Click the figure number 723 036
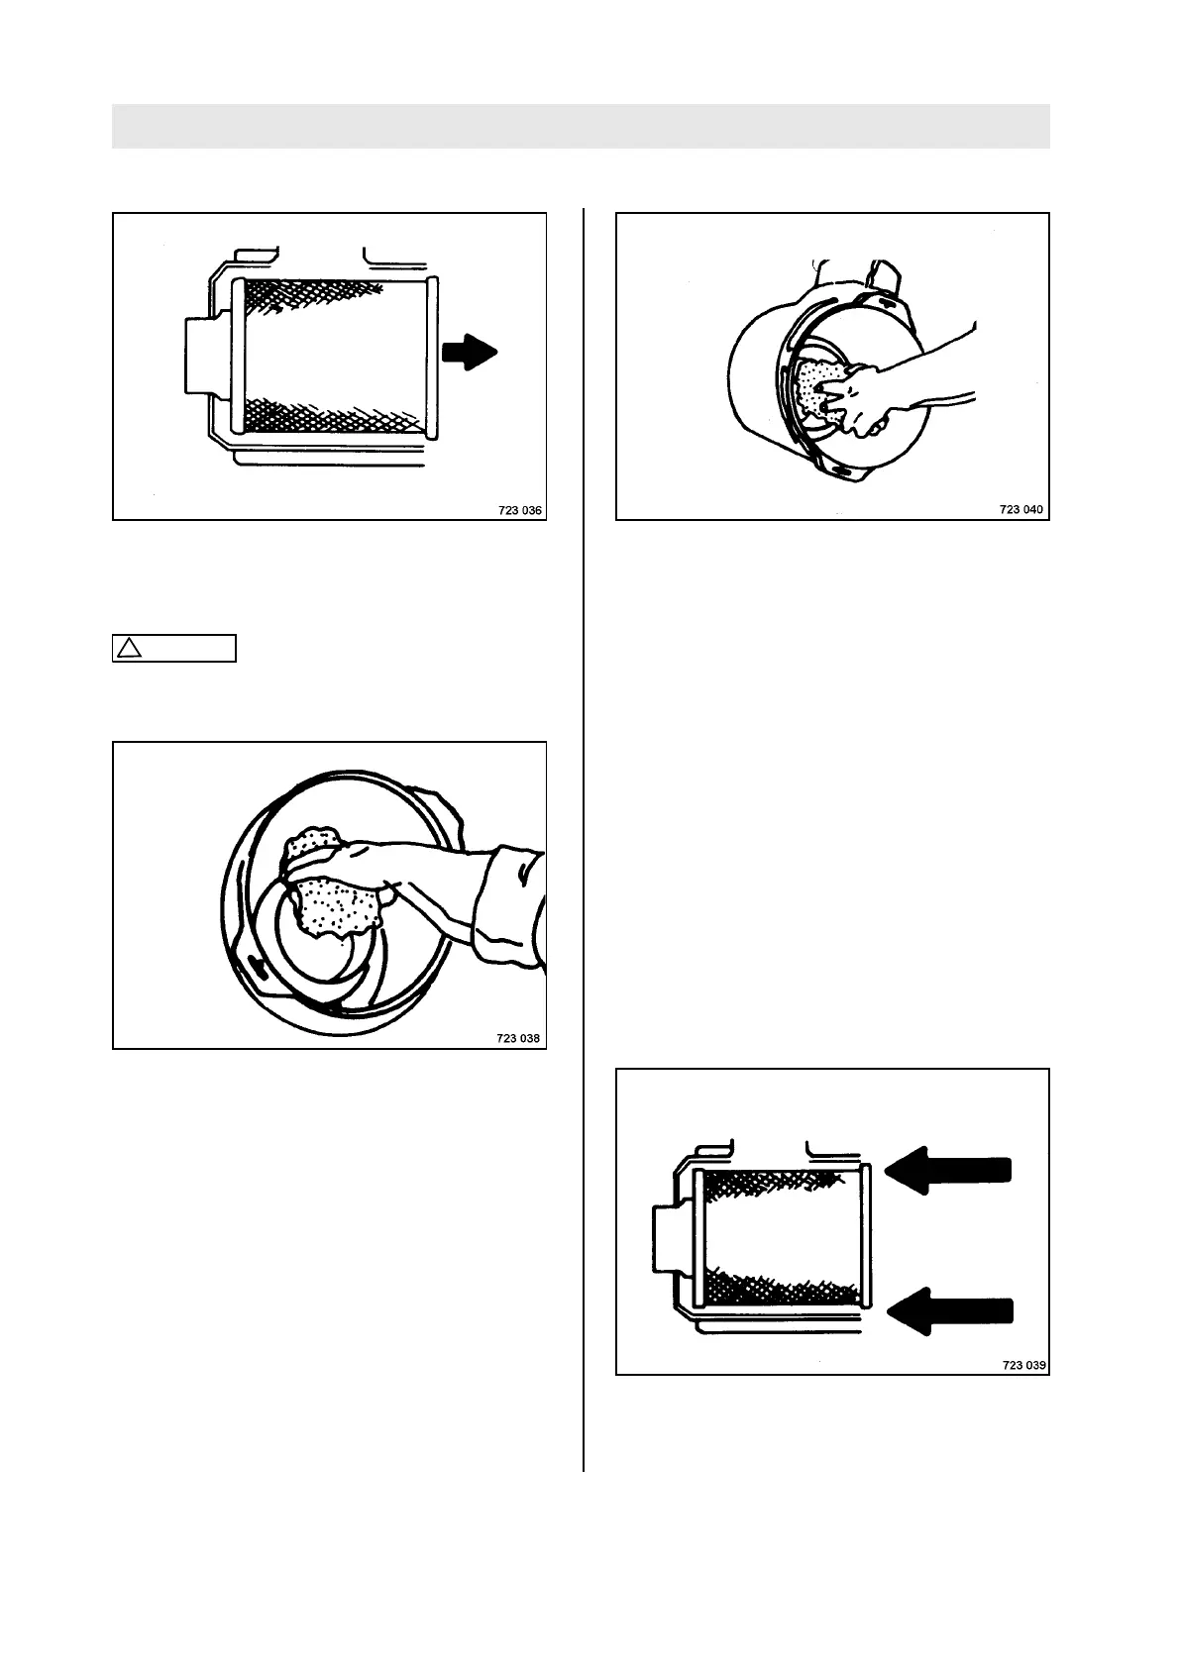520,511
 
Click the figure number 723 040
1021,509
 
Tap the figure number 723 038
520,1039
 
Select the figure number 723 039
1024,1365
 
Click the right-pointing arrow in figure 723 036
469,352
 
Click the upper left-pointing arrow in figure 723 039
948,1170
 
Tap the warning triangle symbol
127,648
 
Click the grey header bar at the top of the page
581,126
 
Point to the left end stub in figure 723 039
668,1238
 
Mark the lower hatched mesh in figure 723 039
783,1288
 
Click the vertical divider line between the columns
584,842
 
